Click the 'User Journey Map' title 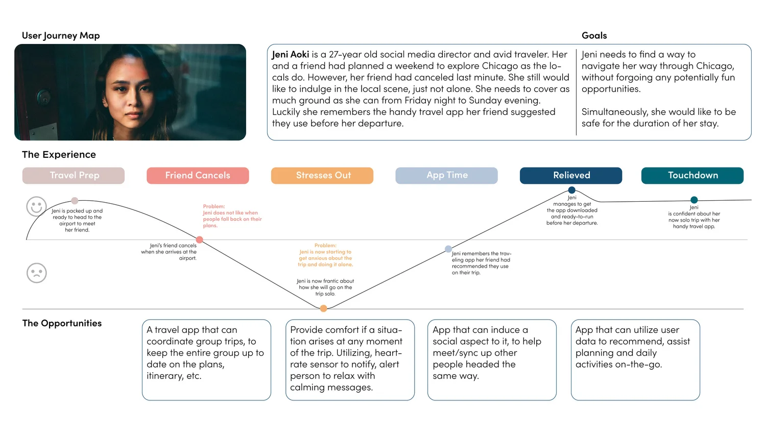[x=61, y=35]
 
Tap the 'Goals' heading [x=594, y=35]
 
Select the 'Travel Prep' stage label [x=74, y=175]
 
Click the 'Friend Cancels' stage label [x=198, y=175]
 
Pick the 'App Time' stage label [x=447, y=175]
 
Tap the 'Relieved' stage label [x=571, y=175]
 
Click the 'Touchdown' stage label [x=692, y=175]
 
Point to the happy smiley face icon [x=36, y=207]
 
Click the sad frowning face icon [x=36, y=273]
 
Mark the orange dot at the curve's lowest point [x=323, y=308]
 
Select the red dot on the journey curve [x=200, y=240]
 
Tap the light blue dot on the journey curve [x=448, y=249]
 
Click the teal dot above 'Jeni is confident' [x=694, y=200]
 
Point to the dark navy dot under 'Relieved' [x=572, y=190]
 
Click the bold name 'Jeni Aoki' [x=291, y=55]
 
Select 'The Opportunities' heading [x=62, y=323]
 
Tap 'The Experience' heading [x=59, y=154]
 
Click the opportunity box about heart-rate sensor [x=350, y=360]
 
